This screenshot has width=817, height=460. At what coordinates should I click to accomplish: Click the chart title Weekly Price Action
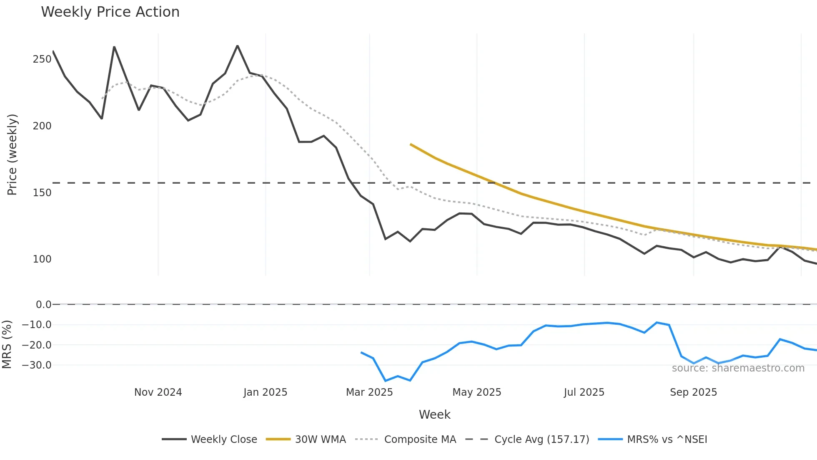click(110, 12)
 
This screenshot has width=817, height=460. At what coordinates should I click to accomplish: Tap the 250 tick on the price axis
click(42, 59)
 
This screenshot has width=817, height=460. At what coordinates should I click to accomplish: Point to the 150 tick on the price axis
click(42, 193)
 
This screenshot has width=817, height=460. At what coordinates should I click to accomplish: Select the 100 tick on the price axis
click(42, 259)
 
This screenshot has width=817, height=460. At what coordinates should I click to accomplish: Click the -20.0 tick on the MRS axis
click(37, 345)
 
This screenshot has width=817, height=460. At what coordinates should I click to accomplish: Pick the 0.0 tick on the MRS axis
click(43, 305)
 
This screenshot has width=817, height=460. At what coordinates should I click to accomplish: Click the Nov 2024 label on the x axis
click(158, 392)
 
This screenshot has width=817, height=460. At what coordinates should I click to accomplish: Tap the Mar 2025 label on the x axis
click(369, 392)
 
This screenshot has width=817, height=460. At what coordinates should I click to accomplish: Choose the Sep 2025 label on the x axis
click(693, 392)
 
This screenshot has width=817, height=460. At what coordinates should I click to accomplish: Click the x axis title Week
click(434, 415)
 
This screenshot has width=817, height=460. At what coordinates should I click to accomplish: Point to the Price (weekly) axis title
click(12, 154)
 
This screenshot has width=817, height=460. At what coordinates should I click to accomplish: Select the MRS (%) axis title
click(7, 344)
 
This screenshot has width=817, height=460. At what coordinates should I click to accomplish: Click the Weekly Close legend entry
click(224, 440)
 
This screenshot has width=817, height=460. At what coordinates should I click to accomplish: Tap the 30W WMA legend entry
click(320, 440)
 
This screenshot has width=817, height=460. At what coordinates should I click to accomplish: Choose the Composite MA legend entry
click(420, 440)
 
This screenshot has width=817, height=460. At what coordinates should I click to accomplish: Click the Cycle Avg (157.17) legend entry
click(541, 440)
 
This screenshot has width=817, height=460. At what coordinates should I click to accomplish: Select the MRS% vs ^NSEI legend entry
click(667, 440)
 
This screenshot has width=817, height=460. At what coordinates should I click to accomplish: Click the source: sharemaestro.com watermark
click(738, 368)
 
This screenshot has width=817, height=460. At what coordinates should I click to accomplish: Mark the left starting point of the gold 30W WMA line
click(411, 144)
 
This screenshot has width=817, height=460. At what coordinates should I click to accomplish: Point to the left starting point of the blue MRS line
click(361, 353)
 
